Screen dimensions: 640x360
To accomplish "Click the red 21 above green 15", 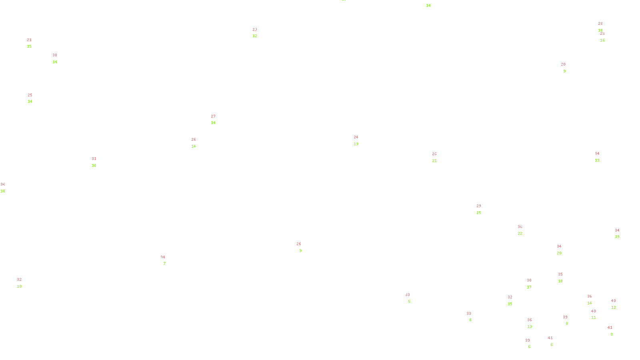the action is (x=29, y=40).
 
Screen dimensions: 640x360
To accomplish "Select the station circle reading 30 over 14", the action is (x=59, y=59).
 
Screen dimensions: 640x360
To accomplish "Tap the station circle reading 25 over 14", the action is (x=34, y=98).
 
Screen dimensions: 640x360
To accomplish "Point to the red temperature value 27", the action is (x=213, y=116).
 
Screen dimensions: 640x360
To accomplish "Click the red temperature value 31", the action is (x=94, y=159).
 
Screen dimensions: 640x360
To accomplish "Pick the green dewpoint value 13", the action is (x=356, y=144).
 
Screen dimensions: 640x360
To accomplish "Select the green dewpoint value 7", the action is (x=164, y=264).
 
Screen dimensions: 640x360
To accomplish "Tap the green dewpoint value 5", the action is (x=409, y=302).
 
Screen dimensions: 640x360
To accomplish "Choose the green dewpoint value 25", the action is (x=479, y=213).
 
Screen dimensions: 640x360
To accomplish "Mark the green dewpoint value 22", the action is (x=520, y=234).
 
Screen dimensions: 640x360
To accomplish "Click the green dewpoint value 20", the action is (x=559, y=253).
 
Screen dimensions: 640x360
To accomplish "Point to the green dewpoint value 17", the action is (x=529, y=287).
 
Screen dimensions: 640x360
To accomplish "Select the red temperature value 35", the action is (x=560, y=274).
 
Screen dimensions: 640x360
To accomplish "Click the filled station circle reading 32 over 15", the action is (x=514, y=300).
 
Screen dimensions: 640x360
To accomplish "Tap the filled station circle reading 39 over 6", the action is (x=531, y=344).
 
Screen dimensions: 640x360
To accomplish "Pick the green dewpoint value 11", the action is (x=594, y=318).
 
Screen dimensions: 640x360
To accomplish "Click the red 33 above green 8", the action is (x=469, y=314).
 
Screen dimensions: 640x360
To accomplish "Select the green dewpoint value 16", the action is (x=602, y=40).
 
